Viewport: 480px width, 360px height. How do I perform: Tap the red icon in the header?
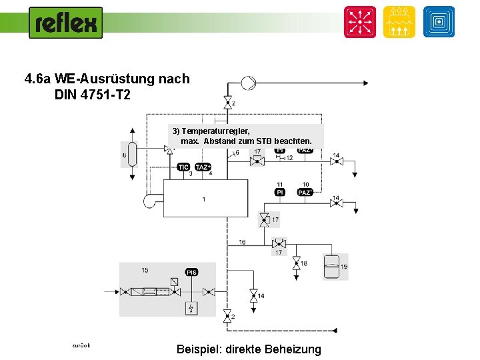360,22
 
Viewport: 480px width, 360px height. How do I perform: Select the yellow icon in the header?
399,22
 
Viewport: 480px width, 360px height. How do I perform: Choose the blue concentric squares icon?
438,22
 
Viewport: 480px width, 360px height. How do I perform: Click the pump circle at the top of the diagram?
247,83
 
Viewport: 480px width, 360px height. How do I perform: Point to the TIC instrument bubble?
184,167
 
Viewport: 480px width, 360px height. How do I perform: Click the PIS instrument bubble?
191,272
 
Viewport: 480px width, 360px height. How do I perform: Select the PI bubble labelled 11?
280,192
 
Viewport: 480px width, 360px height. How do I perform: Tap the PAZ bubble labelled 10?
305,192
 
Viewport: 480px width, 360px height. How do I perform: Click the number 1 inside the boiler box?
204,199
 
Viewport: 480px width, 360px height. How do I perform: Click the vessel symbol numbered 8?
132,155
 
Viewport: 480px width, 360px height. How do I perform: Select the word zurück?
81,345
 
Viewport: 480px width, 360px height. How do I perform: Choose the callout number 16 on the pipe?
241,242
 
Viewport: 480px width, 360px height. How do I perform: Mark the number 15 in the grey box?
145,270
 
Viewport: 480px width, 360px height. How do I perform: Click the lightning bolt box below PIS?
191,308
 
